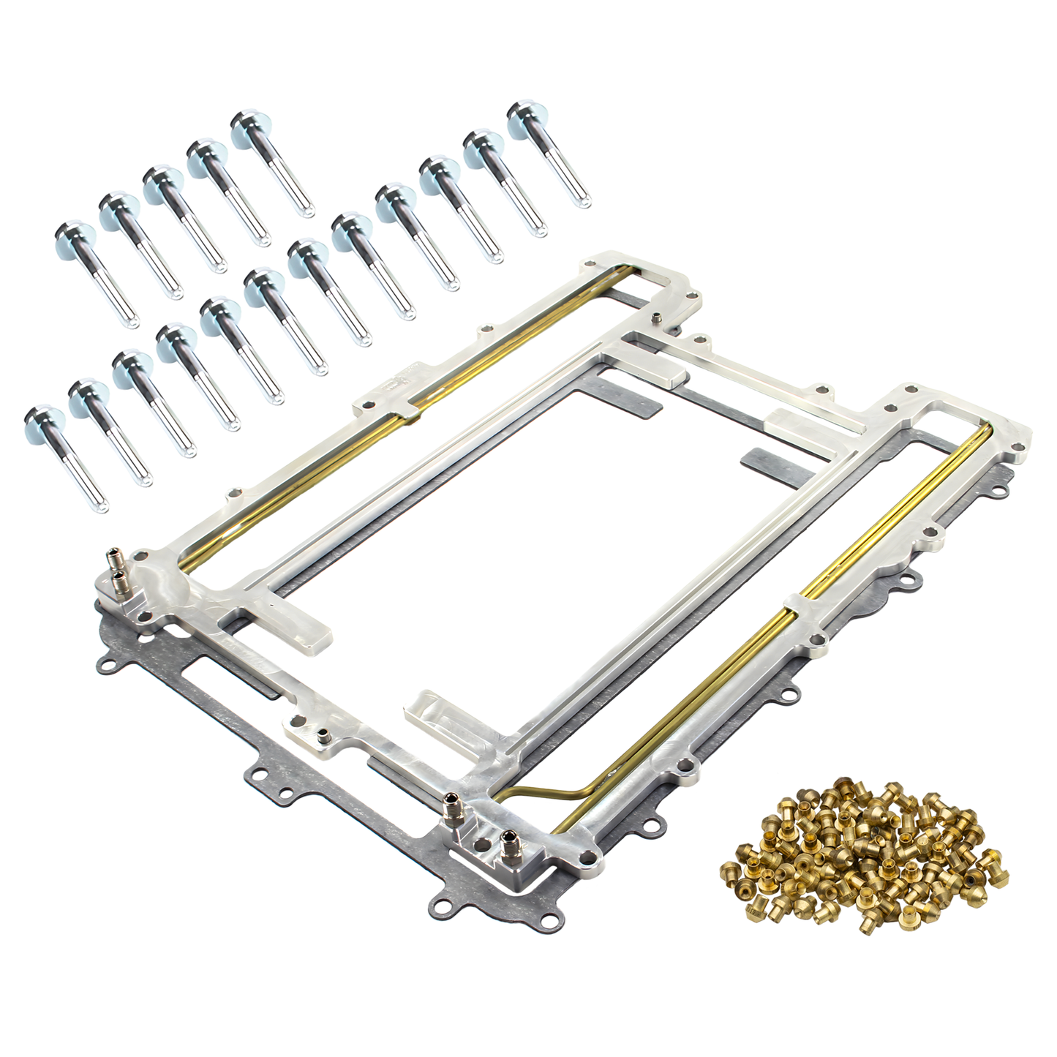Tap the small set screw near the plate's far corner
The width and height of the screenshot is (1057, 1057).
tap(658, 318)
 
